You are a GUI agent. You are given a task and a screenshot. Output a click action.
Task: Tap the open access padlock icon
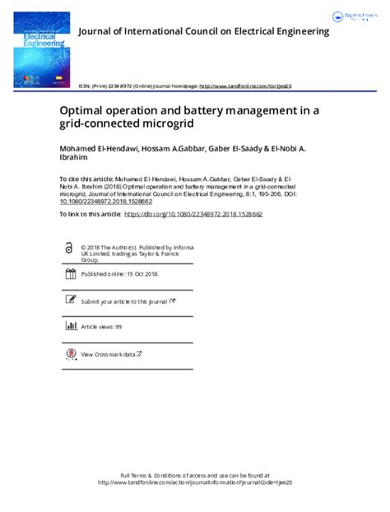(69, 249)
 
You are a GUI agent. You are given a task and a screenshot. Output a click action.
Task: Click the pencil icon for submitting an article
(69, 301)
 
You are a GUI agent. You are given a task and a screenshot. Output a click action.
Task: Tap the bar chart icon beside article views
(69, 327)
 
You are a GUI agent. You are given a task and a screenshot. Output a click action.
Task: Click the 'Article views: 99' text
(101, 327)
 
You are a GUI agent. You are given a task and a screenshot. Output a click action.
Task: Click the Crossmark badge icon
(69, 354)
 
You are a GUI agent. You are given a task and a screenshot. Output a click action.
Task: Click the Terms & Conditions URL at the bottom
(195, 483)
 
